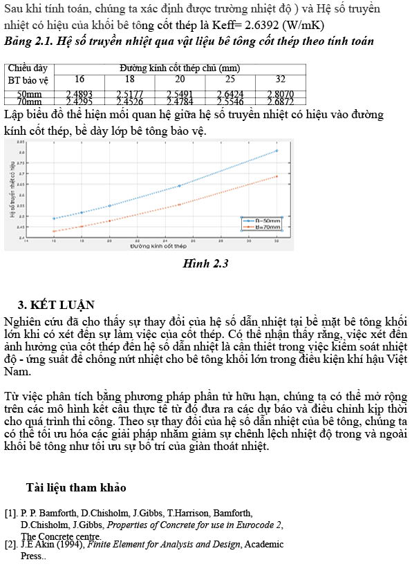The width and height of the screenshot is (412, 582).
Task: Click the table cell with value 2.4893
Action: (x=79, y=93)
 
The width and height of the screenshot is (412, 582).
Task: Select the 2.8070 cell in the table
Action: (x=280, y=93)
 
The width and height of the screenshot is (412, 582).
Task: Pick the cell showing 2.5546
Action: (x=230, y=102)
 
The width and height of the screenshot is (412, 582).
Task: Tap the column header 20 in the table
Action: (x=180, y=79)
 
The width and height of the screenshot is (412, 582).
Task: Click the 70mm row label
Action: (x=29, y=102)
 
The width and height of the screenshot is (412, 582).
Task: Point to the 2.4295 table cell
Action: (x=79, y=102)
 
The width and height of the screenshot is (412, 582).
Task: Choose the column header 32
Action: (x=280, y=79)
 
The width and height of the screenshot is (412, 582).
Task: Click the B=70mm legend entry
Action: (x=263, y=226)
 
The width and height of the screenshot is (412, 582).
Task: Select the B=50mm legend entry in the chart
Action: (x=263, y=220)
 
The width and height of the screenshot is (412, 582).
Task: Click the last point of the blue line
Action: (x=277, y=150)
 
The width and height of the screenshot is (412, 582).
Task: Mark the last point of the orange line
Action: (x=277, y=176)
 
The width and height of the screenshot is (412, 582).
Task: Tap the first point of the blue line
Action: (x=54, y=218)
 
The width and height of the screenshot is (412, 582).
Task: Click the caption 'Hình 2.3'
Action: (x=205, y=263)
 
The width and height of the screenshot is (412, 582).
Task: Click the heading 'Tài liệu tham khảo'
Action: (x=76, y=488)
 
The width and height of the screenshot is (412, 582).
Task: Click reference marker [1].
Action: (x=10, y=514)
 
